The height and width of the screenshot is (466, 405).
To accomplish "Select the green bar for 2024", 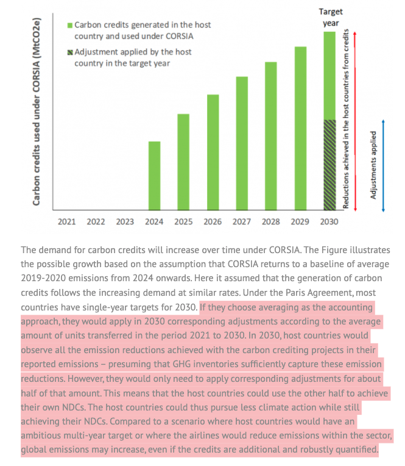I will [x=155, y=176].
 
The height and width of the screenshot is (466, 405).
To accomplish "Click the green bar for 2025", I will [x=183, y=162].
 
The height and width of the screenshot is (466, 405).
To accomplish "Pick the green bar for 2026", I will [x=213, y=152].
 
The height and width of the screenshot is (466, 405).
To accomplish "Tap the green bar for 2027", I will [x=242, y=144].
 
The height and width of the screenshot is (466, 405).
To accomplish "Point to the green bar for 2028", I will [x=271, y=136].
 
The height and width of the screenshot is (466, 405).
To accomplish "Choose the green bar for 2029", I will [x=300, y=129].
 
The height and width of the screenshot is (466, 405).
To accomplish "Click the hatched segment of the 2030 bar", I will [x=329, y=165].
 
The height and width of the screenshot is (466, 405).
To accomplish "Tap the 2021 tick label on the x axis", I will [x=66, y=222].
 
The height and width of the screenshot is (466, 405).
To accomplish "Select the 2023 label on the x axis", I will [x=125, y=222].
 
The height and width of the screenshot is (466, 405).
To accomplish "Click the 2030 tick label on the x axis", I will [x=329, y=222].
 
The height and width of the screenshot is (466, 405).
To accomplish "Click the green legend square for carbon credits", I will [x=70, y=26].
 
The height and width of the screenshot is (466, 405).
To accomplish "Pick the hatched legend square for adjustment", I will [x=70, y=52].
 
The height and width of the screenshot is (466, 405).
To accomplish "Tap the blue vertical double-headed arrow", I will [x=383, y=165].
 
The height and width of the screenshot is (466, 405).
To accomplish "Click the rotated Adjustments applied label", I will [x=373, y=165].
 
